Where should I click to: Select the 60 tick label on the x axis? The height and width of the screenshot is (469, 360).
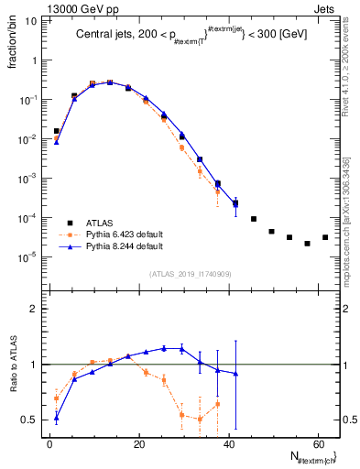pos(318,443)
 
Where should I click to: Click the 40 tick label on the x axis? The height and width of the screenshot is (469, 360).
pos(228,443)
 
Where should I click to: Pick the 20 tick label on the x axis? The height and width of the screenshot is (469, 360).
pos(139,443)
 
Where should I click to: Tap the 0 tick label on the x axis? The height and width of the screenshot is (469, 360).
pos(49,443)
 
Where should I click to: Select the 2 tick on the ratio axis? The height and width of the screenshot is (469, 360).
pos(32,309)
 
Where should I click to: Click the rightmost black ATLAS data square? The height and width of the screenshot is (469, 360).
pos(325,237)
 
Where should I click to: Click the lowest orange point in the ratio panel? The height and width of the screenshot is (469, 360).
pos(200,420)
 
